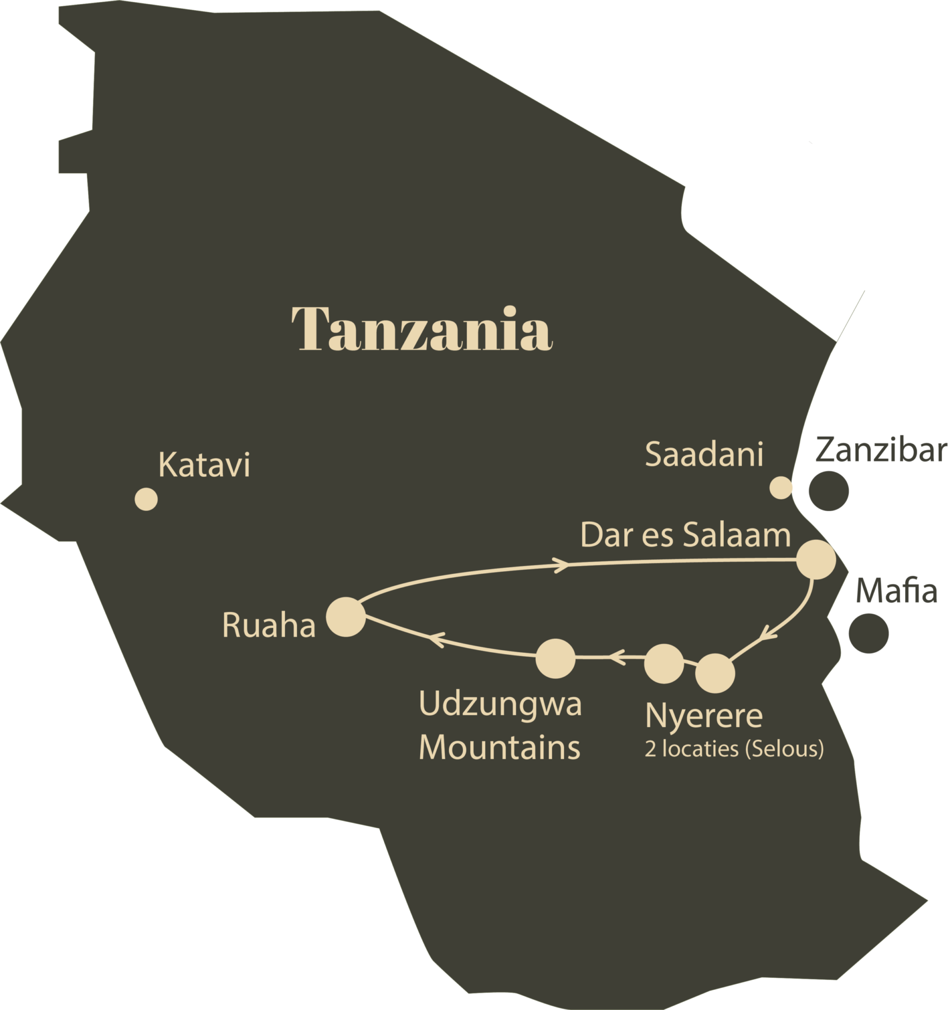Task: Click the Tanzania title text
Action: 422,329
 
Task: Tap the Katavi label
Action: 204,465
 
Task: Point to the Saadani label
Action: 704,454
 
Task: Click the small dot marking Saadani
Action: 780,488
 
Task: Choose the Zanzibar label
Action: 881,450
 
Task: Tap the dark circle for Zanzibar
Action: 829,490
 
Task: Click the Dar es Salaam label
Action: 685,535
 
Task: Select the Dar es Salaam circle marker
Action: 815,560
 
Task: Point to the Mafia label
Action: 896,591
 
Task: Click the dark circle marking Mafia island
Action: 869,633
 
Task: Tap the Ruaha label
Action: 269,625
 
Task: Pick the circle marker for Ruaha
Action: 345,617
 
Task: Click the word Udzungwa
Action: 500,704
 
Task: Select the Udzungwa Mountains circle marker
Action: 556,659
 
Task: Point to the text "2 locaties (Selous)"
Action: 734,749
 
